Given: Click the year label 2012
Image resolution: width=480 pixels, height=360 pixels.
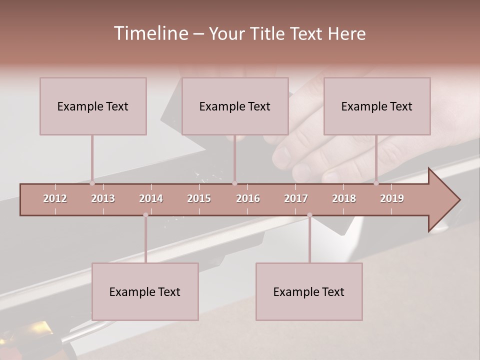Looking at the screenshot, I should point(55,198).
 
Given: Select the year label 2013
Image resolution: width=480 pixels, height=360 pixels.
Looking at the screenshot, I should point(103,198).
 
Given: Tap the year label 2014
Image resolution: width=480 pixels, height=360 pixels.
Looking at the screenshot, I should point(151,198).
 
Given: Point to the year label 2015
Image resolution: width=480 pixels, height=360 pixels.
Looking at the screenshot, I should point(199,198).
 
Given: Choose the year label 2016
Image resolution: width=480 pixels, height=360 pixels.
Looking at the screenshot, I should point(248,198).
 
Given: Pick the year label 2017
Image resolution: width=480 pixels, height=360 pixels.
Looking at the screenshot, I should point(296,198).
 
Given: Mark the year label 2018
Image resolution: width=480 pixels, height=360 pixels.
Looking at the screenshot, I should point(344,198).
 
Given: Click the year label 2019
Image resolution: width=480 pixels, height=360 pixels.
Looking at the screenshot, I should point(392,198).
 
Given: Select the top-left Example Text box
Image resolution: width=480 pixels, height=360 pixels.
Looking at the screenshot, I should point(93,106).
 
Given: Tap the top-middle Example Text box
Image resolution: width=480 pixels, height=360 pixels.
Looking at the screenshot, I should point(235,106).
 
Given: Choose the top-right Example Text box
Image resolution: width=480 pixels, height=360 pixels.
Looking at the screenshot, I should point(377,106).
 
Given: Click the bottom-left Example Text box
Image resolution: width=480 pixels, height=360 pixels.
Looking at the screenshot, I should point(145,291).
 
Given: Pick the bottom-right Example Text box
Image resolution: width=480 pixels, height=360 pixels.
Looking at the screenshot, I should point(309,291).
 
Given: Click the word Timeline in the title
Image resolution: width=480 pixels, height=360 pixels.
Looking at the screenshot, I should point(150,33).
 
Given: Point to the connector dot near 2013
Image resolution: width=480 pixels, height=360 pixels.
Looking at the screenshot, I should point(92,183).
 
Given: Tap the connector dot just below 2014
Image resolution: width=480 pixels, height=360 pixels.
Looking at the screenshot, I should point(145,215).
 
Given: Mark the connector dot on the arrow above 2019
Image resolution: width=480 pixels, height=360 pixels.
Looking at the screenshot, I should point(376,183).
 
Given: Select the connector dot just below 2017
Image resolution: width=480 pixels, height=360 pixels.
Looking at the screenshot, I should point(309,215).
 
